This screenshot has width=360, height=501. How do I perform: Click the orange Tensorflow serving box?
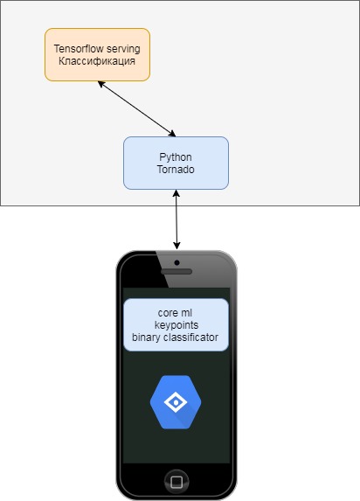(x=97, y=54)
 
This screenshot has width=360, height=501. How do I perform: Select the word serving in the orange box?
(x=123, y=49)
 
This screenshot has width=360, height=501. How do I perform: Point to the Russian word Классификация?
(x=97, y=60)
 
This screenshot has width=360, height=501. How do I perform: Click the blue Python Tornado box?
(x=176, y=163)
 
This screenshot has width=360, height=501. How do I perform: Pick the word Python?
(x=176, y=157)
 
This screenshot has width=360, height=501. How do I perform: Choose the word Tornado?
(x=176, y=169)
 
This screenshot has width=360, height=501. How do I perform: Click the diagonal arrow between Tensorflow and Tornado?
(x=136, y=109)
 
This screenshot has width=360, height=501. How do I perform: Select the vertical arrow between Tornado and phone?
(x=177, y=219)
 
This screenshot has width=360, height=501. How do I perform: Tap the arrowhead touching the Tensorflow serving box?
(x=101, y=84)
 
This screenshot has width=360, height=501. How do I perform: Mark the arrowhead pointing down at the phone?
(x=177, y=246)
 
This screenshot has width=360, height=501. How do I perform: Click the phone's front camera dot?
(x=177, y=262)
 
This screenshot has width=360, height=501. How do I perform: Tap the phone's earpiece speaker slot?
(x=177, y=272)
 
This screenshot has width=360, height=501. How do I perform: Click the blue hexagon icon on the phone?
(x=176, y=402)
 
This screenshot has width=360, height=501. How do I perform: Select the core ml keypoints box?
(x=176, y=324)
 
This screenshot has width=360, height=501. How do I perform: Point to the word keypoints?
(x=177, y=325)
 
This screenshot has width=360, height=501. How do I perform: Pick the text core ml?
(x=175, y=313)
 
